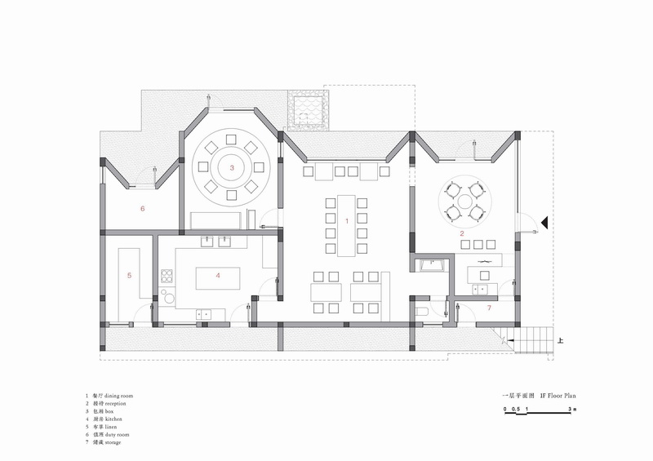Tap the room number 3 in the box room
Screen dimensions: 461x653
(233, 168)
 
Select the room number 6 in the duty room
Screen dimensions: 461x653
(142, 209)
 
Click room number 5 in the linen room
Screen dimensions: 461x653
(130, 276)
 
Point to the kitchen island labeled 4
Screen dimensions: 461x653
(218, 276)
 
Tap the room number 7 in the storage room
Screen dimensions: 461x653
(489, 308)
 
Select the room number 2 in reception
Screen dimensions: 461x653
(462, 234)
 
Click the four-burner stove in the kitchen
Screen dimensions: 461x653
(167, 276)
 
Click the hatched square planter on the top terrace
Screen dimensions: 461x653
(307, 109)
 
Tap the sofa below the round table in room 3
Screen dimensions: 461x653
(216, 220)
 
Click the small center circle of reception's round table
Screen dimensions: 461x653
(463, 200)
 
